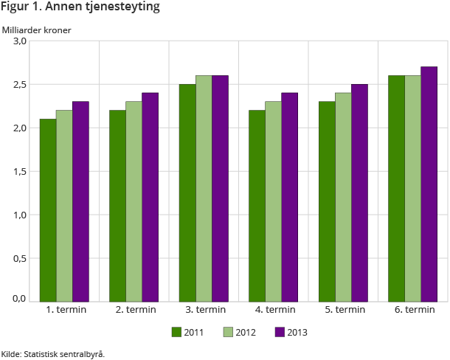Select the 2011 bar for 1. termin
(x=48, y=210)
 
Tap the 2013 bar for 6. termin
(x=429, y=184)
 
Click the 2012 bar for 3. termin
(x=204, y=188)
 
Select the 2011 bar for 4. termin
(x=257, y=206)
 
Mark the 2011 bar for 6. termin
(x=396, y=188)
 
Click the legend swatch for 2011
(x=176, y=332)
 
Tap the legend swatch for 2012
(x=227, y=332)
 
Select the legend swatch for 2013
(x=279, y=332)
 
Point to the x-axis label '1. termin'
(x=66, y=310)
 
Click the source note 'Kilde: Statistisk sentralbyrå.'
(x=53, y=353)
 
